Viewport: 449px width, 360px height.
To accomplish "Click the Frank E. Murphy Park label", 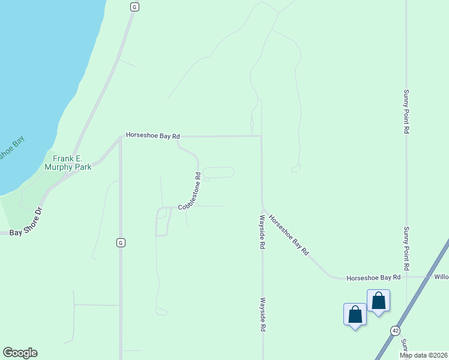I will click(68, 163).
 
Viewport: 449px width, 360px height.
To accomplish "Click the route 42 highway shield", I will click(395, 331).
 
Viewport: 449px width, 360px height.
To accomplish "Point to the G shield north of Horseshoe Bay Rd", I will click(134, 7).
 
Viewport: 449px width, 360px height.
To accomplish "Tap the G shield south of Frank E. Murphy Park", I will click(121, 242).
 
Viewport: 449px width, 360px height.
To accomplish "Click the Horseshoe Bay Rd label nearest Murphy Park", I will click(152, 136).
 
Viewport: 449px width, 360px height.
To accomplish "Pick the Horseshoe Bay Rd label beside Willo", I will click(373, 277).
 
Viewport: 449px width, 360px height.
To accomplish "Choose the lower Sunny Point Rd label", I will click(406, 248).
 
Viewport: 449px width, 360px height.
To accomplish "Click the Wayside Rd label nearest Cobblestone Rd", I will click(262, 232).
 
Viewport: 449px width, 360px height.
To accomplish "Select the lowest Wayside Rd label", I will click(262, 314).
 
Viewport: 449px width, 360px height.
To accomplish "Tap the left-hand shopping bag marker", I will click(355, 314).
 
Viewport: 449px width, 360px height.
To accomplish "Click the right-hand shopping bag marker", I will click(379, 301).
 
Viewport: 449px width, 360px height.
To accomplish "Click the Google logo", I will click(20, 353).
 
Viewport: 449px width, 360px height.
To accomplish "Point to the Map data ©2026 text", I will click(423, 355).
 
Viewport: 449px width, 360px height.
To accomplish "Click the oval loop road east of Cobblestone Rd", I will click(218, 173).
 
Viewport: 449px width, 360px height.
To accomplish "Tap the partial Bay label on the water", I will click(12, 149).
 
